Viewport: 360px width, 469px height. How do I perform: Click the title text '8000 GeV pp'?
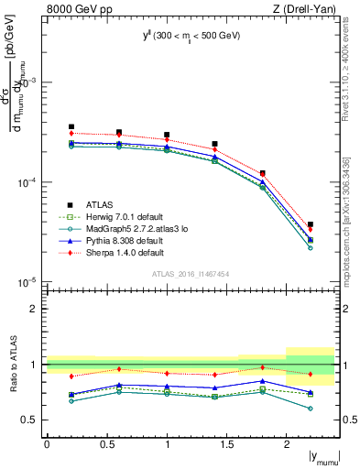[x=75, y=9]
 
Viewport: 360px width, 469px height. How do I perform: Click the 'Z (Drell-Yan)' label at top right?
[x=307, y=9]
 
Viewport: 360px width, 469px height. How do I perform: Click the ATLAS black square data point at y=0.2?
[x=71, y=126]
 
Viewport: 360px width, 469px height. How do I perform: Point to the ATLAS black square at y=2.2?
[x=311, y=224]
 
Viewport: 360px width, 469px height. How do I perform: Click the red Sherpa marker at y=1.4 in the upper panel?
[x=214, y=149]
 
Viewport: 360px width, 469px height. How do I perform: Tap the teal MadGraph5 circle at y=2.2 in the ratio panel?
[x=311, y=409]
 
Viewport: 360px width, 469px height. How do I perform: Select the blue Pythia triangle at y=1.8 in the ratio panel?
[x=262, y=380]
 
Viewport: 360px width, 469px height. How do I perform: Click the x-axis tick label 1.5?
[x=226, y=444]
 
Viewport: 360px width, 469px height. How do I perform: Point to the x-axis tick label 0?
[x=48, y=444]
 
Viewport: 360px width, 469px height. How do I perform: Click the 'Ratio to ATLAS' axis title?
[x=12, y=363]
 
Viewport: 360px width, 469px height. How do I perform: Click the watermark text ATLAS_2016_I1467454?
[x=190, y=273]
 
